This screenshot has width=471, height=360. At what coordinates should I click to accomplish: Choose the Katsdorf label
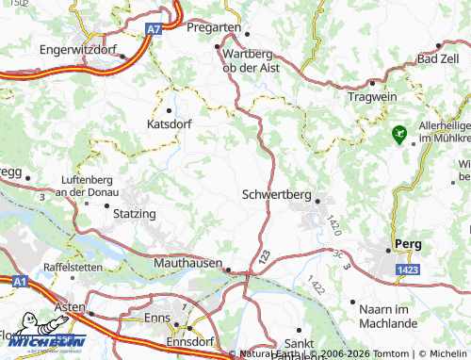170,123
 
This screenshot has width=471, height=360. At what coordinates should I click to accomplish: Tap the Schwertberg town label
275,195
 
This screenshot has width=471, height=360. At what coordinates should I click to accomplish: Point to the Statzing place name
134,214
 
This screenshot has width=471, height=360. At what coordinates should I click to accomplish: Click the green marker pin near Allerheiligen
400,135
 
